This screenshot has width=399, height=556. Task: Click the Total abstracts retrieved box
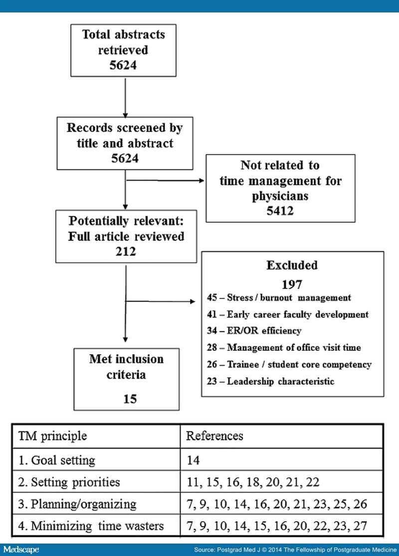click(x=123, y=50)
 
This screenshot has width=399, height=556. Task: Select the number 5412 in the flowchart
click(x=280, y=211)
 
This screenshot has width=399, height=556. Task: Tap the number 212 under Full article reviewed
click(x=126, y=252)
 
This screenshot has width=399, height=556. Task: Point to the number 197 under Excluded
click(x=292, y=284)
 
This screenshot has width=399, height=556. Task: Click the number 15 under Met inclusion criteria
click(x=130, y=399)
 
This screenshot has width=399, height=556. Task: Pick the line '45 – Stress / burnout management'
click(x=279, y=297)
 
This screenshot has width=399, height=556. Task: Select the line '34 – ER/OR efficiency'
click(x=254, y=330)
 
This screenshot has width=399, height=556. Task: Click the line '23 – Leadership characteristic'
click(x=270, y=381)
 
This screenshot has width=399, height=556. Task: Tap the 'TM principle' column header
click(x=52, y=436)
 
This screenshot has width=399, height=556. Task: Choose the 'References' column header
click(x=215, y=436)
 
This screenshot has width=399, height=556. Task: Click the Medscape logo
click(x=21, y=550)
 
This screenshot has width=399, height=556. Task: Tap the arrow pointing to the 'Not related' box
click(x=165, y=180)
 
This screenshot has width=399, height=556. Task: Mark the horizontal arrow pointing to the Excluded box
click(x=161, y=301)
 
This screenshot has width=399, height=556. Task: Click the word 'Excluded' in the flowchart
click(x=292, y=265)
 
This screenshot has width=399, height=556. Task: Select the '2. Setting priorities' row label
click(x=69, y=482)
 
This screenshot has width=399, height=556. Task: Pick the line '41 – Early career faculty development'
click(x=288, y=314)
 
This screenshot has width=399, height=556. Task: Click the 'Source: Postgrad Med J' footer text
click(x=295, y=550)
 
